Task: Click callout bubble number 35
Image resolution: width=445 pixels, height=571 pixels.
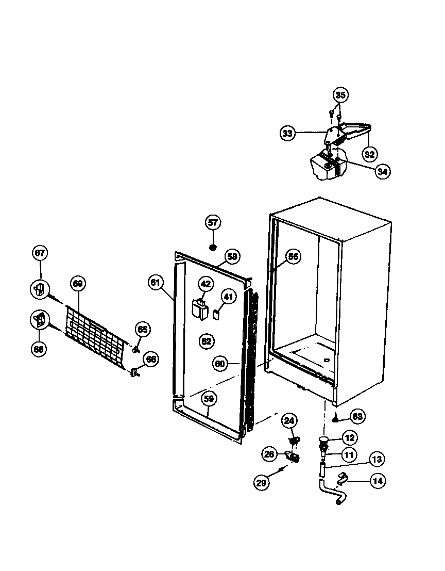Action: pos(340,95)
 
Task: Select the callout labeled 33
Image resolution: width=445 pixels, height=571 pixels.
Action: pos(287,133)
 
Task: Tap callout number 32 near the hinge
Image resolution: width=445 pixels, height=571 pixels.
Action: pos(370,154)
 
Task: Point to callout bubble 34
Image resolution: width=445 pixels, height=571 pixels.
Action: pos(382,171)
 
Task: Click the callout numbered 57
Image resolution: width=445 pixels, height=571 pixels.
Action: pos(213,223)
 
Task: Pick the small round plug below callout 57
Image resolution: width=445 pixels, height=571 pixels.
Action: pos(212,247)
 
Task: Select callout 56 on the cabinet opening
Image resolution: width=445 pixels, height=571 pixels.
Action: pos(293,257)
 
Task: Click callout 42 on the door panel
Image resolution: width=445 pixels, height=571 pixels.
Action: pos(206,284)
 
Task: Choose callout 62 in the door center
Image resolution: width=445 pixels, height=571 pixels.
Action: pos(206,341)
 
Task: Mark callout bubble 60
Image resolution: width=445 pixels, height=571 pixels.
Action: pos(220,364)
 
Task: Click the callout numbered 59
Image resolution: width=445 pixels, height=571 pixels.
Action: pos(209,398)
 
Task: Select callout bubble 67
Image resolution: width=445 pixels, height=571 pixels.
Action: pos(40,253)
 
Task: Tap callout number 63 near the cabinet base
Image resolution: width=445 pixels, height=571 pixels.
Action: pos(357,416)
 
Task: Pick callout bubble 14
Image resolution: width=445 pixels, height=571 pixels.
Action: pos(378,481)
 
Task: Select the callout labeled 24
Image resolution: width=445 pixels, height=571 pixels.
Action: pos(289,421)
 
